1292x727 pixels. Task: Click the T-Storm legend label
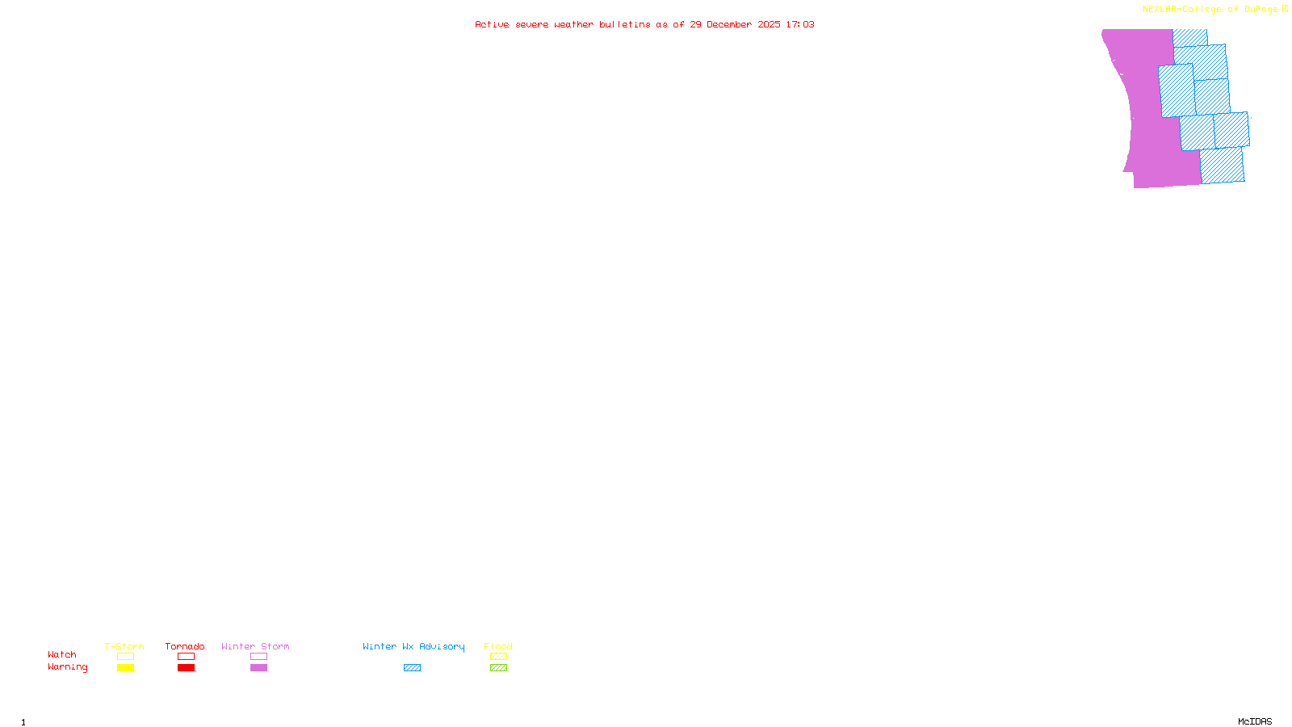124,646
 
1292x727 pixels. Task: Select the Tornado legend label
185,646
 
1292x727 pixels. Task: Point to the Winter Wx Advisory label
413,646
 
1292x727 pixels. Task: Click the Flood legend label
498,646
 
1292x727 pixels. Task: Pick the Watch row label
62,655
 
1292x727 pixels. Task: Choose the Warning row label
67,667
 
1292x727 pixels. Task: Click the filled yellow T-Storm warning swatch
125,668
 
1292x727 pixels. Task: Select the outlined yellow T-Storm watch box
125,657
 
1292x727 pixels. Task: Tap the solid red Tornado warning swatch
186,668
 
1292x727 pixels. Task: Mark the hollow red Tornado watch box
186,657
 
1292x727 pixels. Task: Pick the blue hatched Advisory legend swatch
412,668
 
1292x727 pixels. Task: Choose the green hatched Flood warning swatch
498,668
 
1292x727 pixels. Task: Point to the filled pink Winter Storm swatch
258,668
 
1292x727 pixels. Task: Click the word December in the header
729,24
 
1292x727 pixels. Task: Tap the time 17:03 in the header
799,24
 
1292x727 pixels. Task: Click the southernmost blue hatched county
1222,166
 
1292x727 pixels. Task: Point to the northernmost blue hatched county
1189,37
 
